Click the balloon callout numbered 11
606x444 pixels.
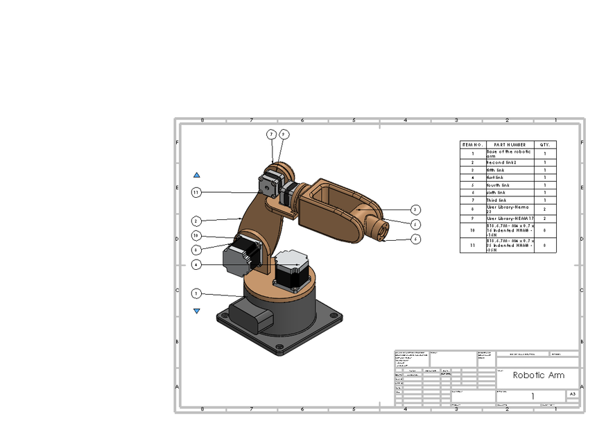pos(196,192)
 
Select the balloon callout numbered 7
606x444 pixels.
pos(272,134)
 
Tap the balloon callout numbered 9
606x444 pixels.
pos(284,134)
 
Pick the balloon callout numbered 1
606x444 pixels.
pos(196,293)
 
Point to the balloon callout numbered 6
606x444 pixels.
pos(415,239)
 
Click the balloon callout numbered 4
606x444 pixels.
pos(196,264)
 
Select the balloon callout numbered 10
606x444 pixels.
pos(196,236)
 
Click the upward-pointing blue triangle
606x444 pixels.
pos(197,176)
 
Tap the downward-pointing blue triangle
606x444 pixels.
pos(197,311)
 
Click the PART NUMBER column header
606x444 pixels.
pos(510,144)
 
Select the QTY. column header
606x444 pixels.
pos(545,144)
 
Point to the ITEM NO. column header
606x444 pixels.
pos(472,144)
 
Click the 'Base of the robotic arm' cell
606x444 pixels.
pos(510,153)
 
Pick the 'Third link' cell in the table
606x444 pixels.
pos(510,200)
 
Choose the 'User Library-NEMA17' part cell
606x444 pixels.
pos(510,219)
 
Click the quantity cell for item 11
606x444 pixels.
pos(545,245)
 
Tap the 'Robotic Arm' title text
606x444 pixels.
pos(538,375)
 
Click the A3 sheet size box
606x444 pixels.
pos(572,394)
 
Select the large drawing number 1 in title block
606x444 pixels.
pos(533,396)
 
